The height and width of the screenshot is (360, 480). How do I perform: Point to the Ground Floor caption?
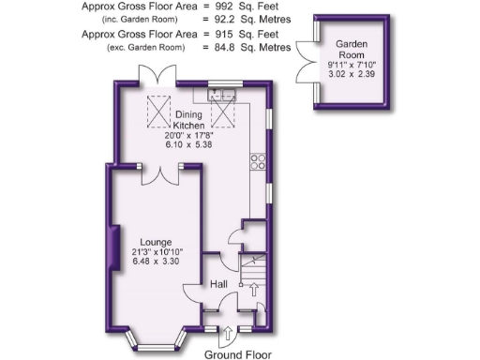238,354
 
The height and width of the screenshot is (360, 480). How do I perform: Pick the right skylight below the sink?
225,113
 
